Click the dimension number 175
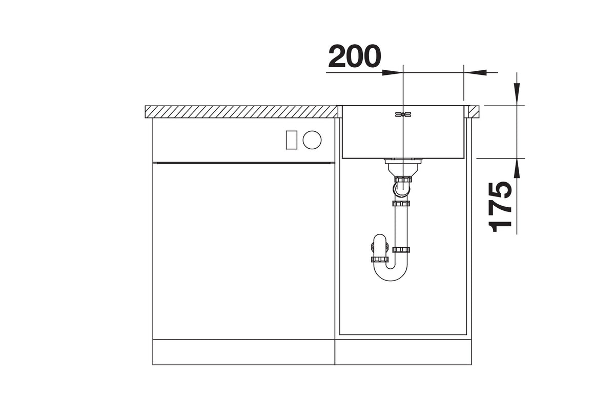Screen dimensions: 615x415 (x=500, y=207)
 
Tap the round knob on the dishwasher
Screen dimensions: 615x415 (x=312, y=140)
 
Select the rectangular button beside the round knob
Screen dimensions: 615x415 (x=291, y=140)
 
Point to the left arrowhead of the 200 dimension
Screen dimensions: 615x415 (x=393, y=72)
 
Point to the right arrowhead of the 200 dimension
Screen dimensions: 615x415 (x=475, y=72)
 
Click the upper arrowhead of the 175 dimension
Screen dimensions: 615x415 (x=517, y=94)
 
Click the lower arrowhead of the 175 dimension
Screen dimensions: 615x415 (x=517, y=170)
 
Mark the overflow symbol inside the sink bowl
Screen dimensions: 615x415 (x=403, y=114)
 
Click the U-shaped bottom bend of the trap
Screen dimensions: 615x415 (x=391, y=273)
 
